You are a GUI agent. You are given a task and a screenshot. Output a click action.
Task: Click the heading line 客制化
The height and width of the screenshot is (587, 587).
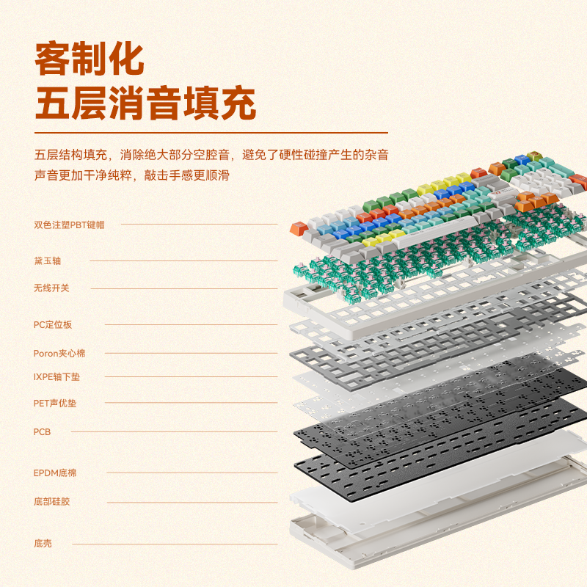(x=90, y=59)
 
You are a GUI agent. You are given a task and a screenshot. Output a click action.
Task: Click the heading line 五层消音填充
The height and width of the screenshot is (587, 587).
(x=145, y=103)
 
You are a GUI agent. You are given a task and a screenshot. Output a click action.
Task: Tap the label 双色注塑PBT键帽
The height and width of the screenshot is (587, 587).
(x=69, y=225)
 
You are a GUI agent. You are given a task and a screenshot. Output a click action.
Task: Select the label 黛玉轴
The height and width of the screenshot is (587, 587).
(x=48, y=260)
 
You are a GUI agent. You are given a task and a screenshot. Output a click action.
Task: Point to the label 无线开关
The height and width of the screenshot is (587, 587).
(x=51, y=288)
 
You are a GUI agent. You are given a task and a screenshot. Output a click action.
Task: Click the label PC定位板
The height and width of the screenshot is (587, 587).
(x=53, y=324)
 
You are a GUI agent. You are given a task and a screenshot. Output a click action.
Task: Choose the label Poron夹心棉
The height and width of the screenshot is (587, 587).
(x=59, y=353)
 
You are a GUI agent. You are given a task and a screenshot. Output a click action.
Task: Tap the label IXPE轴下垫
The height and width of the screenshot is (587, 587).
(x=59, y=377)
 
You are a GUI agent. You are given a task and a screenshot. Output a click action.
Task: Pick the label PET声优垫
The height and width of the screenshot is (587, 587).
(x=56, y=403)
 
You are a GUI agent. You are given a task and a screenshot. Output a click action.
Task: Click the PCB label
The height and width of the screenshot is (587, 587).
(x=42, y=432)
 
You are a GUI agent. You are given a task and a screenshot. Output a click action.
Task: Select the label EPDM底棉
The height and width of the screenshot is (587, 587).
(x=55, y=473)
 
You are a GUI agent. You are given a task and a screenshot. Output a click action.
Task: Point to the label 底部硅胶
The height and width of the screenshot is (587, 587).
(x=51, y=502)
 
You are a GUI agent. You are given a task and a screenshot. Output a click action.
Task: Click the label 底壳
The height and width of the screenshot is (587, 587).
(x=43, y=544)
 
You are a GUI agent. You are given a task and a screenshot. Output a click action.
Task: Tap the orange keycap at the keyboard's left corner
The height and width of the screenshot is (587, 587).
(x=297, y=228)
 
